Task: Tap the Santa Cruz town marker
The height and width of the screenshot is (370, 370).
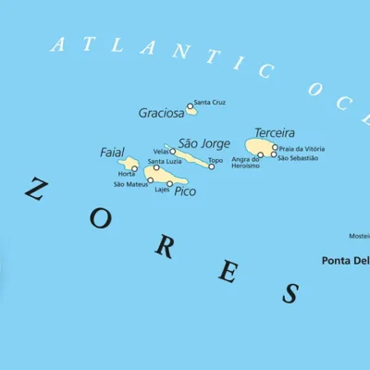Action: point(191,107)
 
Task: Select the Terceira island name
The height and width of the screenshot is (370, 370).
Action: point(275,132)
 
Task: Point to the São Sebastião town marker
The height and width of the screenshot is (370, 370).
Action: point(274,154)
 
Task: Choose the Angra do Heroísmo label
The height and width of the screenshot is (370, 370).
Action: point(246,163)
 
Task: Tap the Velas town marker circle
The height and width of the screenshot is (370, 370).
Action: point(172,152)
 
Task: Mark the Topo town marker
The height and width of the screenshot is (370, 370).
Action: point(211,166)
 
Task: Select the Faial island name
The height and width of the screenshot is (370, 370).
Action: point(112,152)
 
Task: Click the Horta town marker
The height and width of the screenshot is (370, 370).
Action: point(134,169)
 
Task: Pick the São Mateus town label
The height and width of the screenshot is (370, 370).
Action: point(130,184)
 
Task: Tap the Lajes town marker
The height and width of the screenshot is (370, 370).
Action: point(169,183)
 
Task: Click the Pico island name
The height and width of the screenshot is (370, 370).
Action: point(185,191)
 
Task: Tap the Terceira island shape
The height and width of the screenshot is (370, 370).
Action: point(260,147)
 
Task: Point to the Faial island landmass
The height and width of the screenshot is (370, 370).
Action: point(129,164)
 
